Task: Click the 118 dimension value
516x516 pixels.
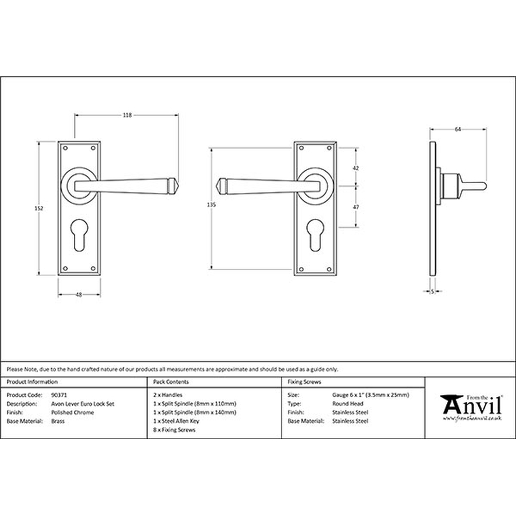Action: (127, 115)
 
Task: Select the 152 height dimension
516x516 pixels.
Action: (39, 208)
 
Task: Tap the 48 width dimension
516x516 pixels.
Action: (78, 295)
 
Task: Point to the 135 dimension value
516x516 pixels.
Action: (211, 205)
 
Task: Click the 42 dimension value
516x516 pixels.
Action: (356, 168)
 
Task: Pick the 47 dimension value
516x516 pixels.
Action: (356, 207)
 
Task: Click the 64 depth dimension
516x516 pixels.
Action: (458, 130)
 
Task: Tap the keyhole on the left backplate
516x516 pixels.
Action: (79, 234)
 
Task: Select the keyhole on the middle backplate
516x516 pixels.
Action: (315, 234)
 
